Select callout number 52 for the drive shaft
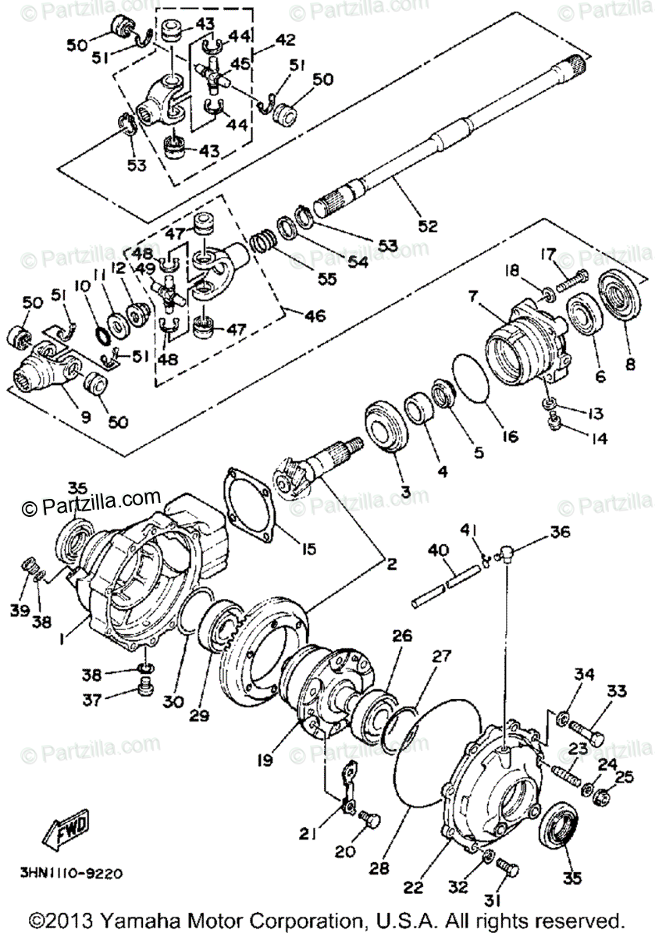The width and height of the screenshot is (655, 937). tap(427, 226)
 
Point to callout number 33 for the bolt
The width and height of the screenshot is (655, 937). tap(617, 691)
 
